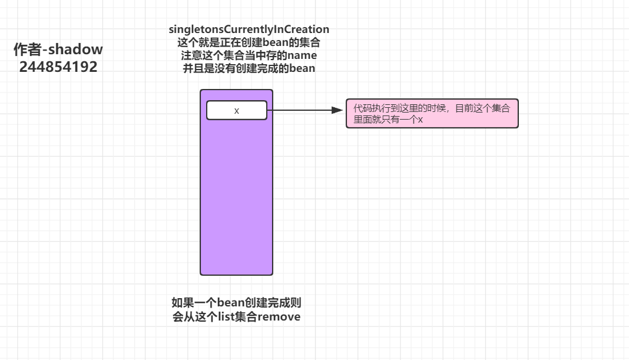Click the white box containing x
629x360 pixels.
(236, 110)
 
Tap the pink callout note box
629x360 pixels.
(432, 113)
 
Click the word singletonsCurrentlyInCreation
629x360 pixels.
(249, 29)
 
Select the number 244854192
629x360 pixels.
(58, 67)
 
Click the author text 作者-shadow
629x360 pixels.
(58, 49)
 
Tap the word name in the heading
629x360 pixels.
(300, 55)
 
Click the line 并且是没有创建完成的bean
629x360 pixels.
(249, 68)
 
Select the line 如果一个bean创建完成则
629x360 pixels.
(236, 303)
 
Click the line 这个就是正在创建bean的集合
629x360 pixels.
(249, 42)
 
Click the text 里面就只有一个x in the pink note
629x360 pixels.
(388, 119)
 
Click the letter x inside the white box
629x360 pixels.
(237, 111)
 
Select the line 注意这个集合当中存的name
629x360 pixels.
(249, 55)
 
